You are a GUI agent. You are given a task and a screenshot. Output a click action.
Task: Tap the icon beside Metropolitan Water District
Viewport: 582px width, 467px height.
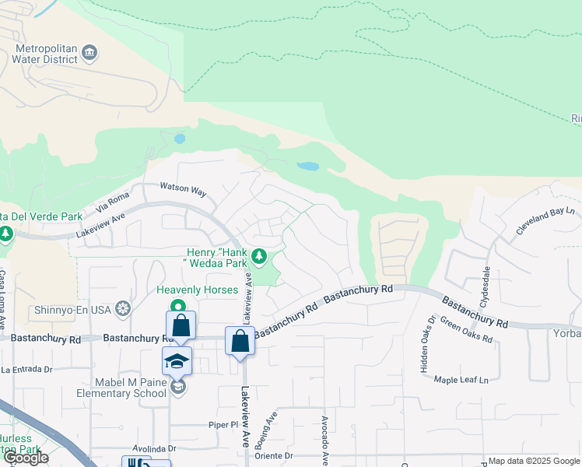click(x=89, y=53)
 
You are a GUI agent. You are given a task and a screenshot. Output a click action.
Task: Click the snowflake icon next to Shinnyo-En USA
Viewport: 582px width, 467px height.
click(x=122, y=309)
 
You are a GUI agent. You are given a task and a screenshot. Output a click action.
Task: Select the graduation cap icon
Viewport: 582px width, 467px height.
click(x=177, y=360)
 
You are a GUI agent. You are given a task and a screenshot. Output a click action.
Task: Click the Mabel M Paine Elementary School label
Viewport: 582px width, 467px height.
click(x=110, y=387)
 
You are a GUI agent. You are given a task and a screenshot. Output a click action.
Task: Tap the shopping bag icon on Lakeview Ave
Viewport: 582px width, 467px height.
click(x=240, y=340)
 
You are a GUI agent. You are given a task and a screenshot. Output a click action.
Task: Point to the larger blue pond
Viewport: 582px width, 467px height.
click(x=308, y=167)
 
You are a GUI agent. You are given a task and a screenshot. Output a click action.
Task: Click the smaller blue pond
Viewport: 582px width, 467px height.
click(x=181, y=139)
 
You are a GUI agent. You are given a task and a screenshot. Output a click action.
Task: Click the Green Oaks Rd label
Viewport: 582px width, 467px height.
click(x=467, y=330)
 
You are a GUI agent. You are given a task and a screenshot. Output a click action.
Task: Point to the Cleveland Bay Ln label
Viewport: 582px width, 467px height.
click(x=545, y=221)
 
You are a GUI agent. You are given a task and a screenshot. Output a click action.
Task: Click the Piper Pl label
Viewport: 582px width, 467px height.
click(x=222, y=425)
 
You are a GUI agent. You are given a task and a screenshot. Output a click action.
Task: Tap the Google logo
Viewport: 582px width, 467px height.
click(x=26, y=458)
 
